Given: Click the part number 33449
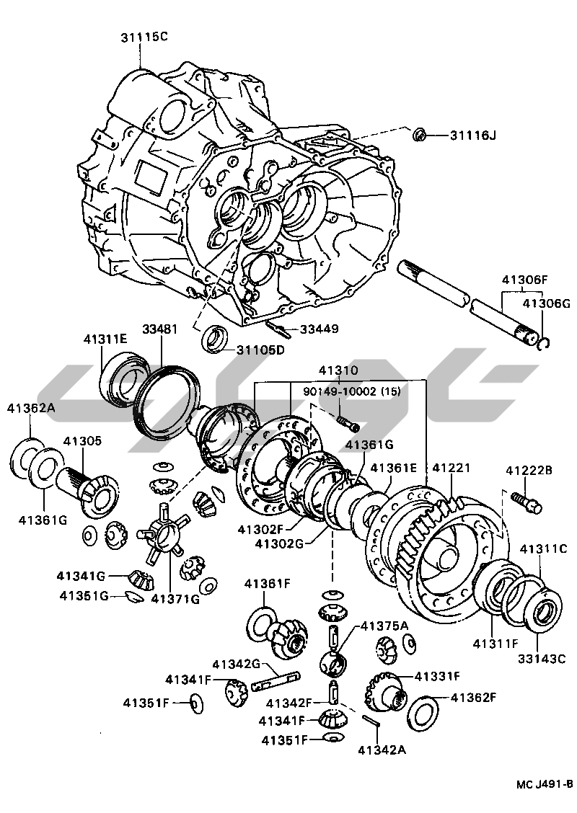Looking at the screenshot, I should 319,329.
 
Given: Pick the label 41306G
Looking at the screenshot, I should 546,303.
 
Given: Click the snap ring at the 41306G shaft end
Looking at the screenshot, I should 547,344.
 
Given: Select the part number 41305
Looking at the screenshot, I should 82,441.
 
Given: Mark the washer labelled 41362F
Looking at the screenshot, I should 423,711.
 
